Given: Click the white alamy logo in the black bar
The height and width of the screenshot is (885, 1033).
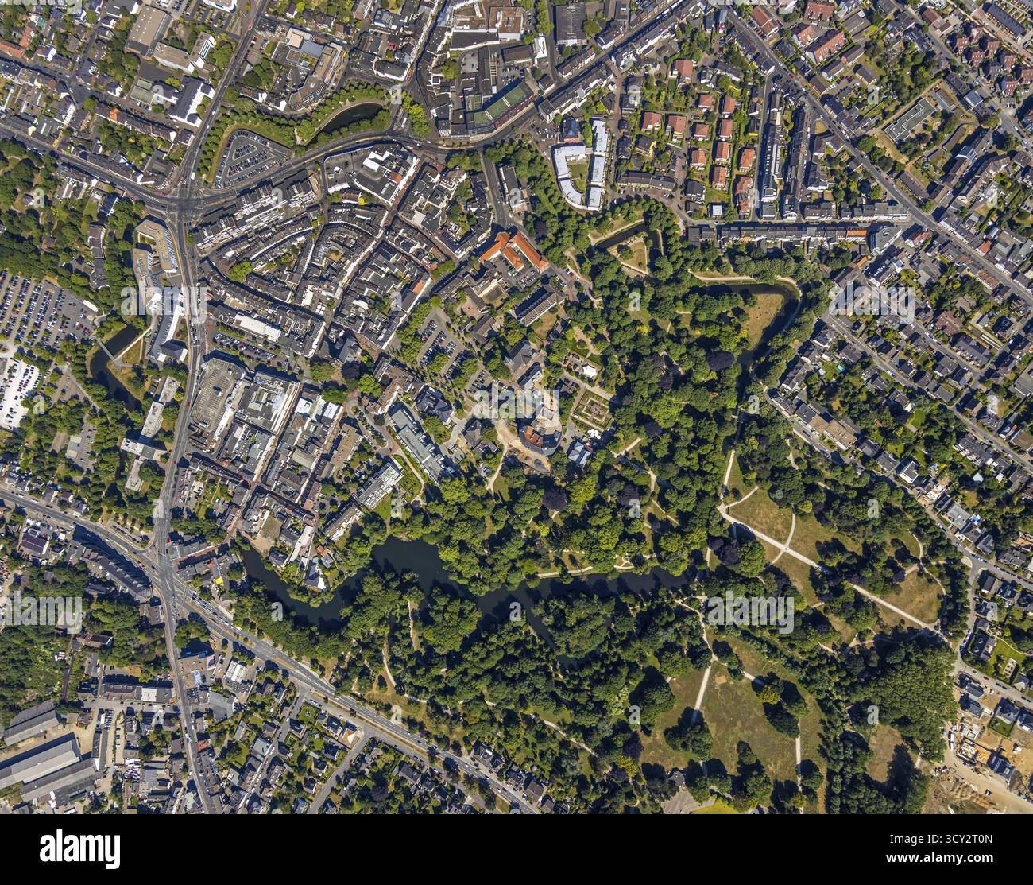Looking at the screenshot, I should tap(79, 848).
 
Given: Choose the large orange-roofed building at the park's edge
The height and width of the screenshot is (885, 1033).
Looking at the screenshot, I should tap(513, 250).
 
